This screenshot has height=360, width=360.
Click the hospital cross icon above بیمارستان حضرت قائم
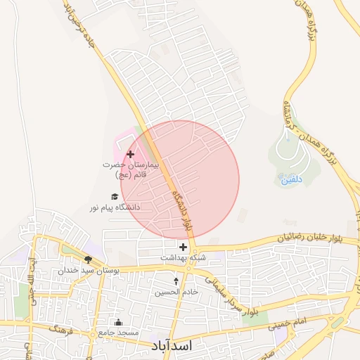click(130, 153)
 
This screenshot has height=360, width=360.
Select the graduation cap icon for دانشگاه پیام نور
click(114, 197)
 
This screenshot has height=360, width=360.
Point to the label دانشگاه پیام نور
click(115, 208)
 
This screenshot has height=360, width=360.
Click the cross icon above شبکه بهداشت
click(183, 247)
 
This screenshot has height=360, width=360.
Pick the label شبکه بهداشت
click(183, 258)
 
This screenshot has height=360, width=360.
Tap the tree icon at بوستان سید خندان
click(88, 259)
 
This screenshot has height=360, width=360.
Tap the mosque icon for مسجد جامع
click(117, 322)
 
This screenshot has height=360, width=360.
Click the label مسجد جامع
click(118, 332)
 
